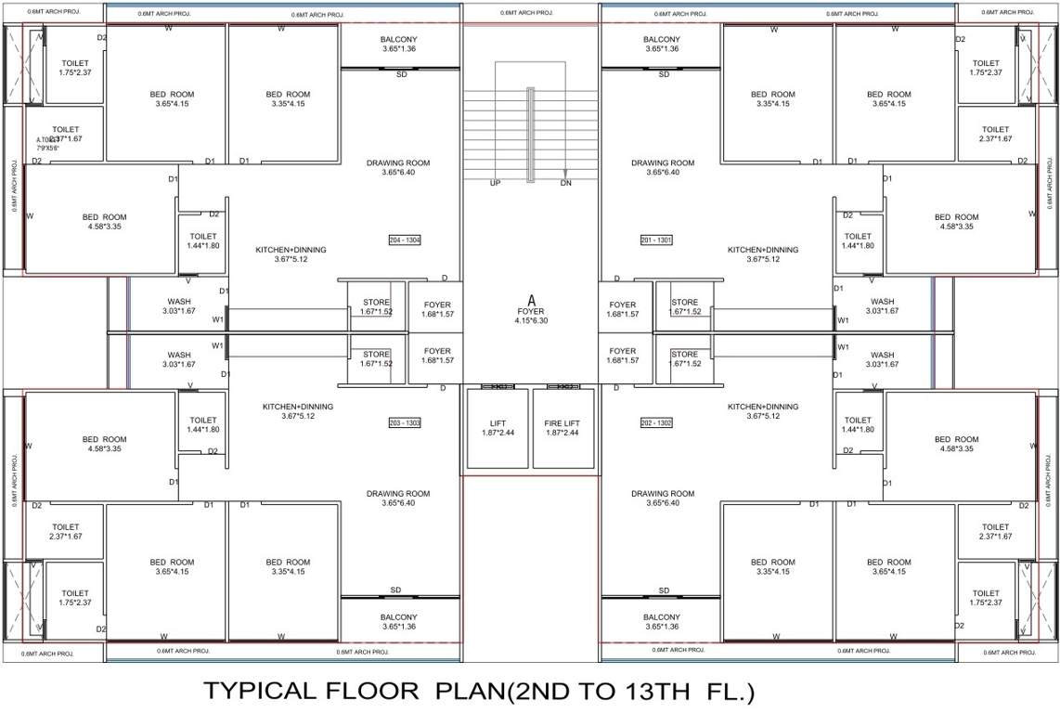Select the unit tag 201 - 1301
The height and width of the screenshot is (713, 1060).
coord(656,240)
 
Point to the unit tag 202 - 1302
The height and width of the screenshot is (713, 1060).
coord(656,423)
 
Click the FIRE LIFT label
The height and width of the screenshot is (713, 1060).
coord(562,422)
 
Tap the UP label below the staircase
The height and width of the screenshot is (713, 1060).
coord(495,183)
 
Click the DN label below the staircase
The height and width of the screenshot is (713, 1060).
coord(565,183)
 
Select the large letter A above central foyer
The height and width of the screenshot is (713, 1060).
coord(532,300)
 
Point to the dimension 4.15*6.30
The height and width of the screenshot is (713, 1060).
coord(532,321)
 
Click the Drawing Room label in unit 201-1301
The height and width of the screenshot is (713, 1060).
coord(663,163)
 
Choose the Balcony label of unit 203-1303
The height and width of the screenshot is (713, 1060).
coord(398,617)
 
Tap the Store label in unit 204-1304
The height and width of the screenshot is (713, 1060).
coord(376,302)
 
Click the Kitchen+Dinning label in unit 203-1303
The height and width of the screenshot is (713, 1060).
coord(297,407)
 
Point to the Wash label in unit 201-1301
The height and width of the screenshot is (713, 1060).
coord(882,302)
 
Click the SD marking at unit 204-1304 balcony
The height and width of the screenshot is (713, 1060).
coord(402,74)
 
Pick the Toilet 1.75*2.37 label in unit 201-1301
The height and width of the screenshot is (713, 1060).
coord(986,63)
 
